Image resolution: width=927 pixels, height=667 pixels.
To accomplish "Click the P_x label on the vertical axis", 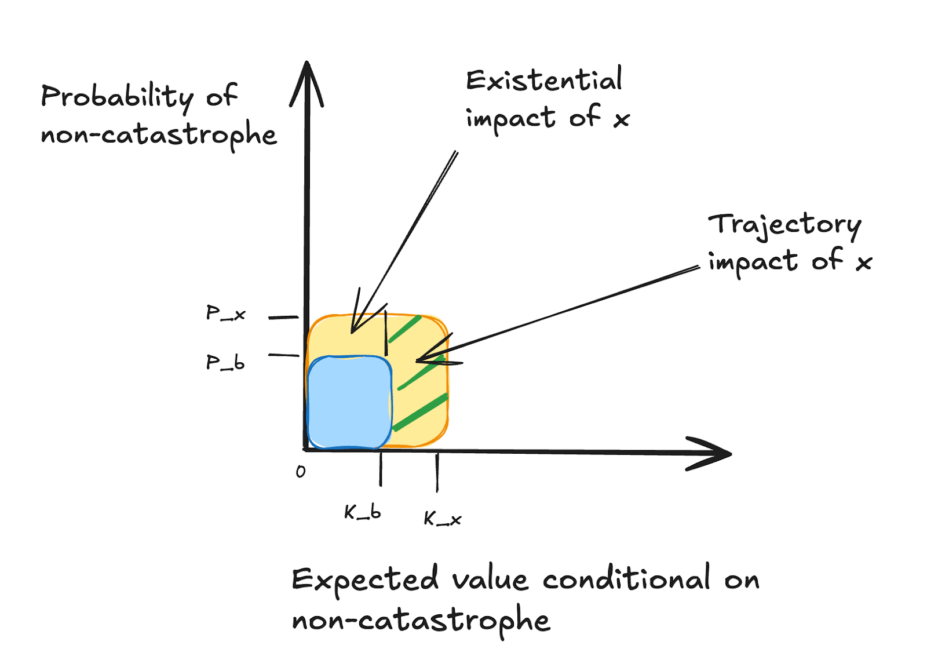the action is tap(225, 314).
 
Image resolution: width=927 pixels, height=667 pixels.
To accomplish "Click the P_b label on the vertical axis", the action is tap(225, 363).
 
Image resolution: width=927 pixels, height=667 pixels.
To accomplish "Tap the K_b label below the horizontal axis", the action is tap(363, 512).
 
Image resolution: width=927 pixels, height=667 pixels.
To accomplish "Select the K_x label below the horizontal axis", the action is tap(442, 519).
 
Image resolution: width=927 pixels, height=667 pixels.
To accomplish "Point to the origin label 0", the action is tap(300, 472).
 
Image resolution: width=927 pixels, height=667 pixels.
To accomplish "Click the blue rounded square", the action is tap(349, 402).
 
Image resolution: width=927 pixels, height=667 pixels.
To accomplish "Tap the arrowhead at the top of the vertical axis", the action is tap(306, 81).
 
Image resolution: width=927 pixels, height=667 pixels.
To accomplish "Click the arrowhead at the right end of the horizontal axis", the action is tap(713, 453).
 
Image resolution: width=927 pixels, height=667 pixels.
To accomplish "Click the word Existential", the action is tap(544, 81).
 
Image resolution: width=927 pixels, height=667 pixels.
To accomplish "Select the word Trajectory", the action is tap(784, 225).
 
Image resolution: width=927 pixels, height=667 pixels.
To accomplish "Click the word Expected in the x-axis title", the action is tap(364, 579).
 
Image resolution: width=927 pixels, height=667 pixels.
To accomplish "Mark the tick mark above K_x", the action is tap(437, 472).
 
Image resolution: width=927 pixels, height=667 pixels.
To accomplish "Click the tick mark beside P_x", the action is tap(283, 318).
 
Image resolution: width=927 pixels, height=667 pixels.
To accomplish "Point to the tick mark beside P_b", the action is tap(283, 355).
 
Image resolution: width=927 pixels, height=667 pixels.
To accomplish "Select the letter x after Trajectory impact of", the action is tap(864, 263).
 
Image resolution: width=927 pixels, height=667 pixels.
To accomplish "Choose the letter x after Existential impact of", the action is tap(621, 120).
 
